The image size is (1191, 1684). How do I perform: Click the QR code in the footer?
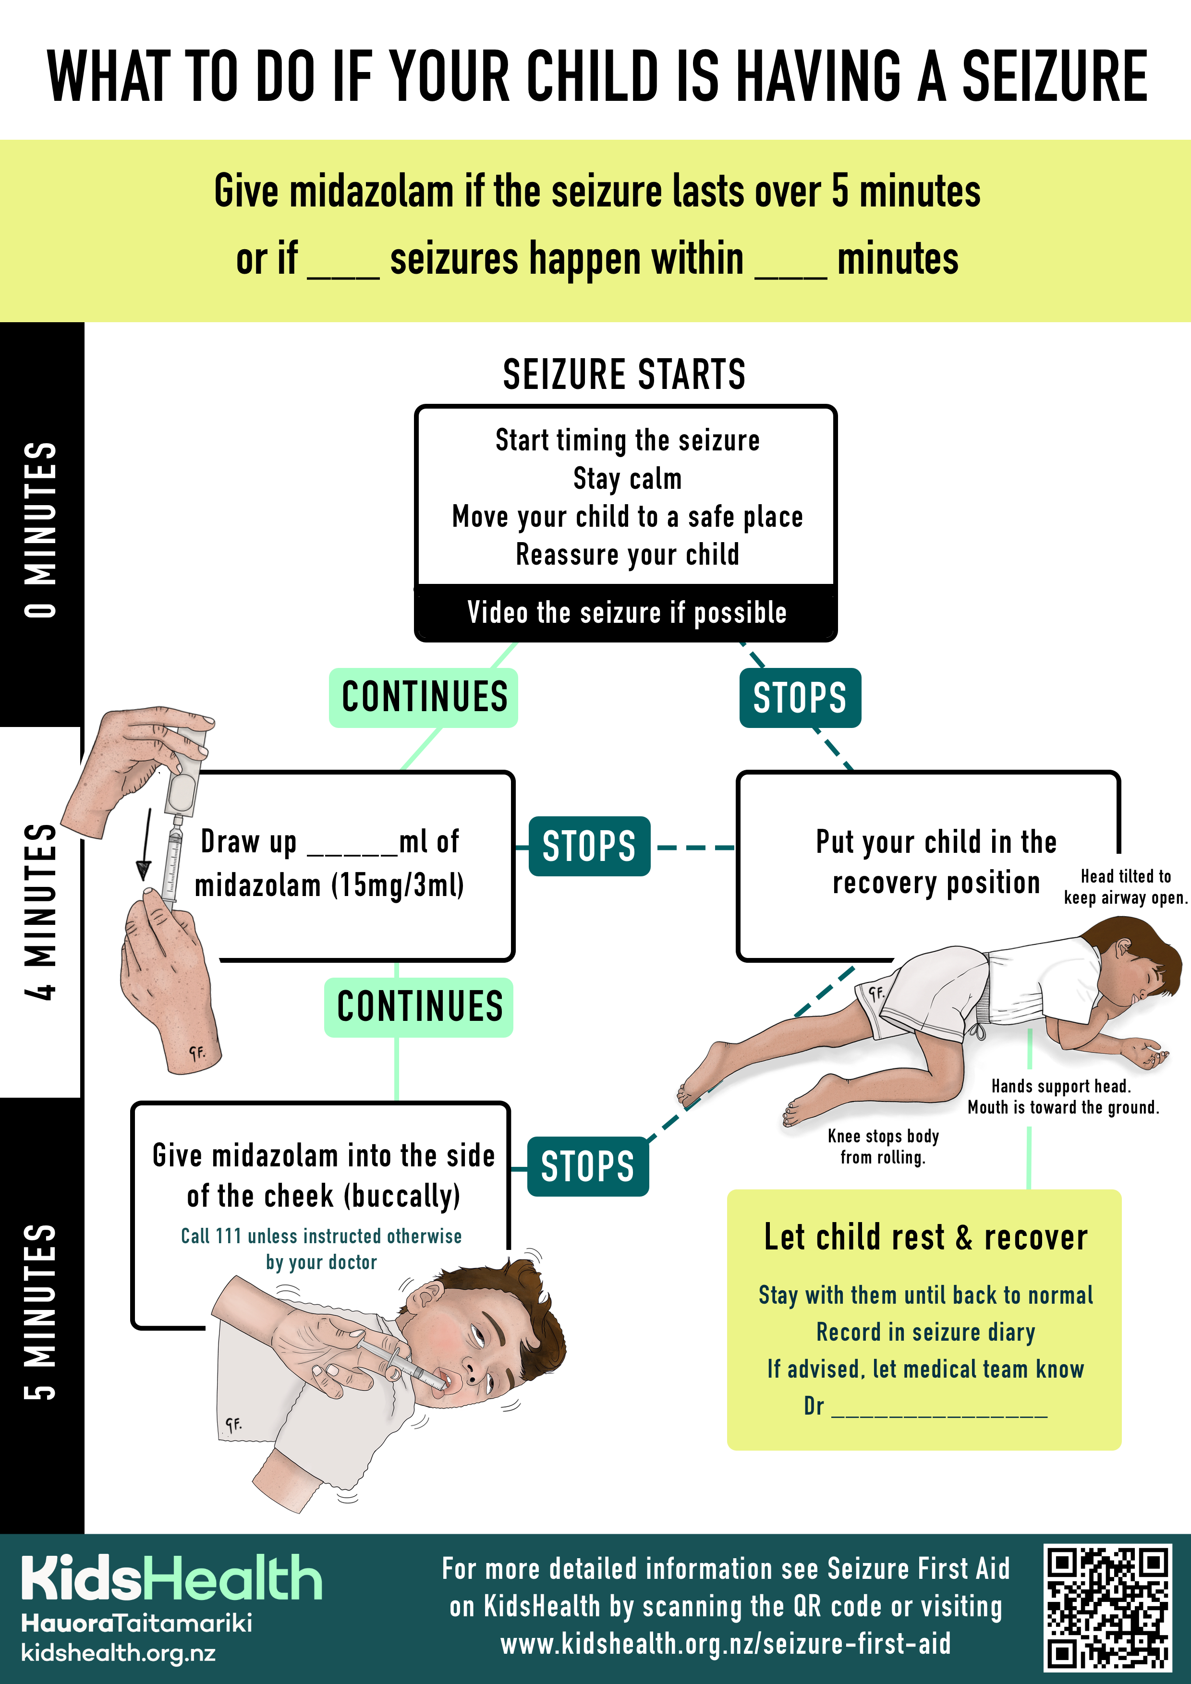(x=1107, y=1607)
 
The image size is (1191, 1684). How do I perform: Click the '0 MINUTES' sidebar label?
(x=41, y=530)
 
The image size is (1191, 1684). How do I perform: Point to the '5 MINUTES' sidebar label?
(x=41, y=1311)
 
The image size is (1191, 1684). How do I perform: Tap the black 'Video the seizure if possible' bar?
(x=626, y=612)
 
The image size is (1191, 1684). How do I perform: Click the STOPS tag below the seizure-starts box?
(x=800, y=698)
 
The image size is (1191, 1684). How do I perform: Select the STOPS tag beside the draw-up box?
(x=589, y=846)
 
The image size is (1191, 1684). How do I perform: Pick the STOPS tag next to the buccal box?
(x=587, y=1166)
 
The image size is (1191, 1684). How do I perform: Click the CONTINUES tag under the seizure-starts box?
(x=424, y=698)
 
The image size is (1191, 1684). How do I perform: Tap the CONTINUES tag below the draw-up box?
(x=419, y=1007)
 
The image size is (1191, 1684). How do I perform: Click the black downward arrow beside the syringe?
(x=145, y=844)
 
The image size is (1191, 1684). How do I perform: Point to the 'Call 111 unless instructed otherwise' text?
(x=321, y=1236)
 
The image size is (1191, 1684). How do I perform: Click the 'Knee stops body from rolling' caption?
(x=883, y=1146)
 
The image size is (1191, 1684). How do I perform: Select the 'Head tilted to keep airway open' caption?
(x=1126, y=887)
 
